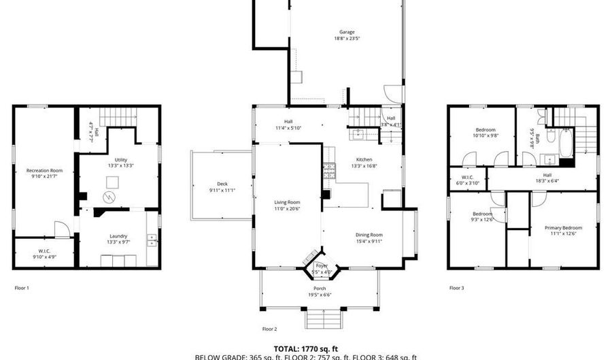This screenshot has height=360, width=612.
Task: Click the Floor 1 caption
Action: point(22,288)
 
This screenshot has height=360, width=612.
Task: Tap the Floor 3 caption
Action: point(456,288)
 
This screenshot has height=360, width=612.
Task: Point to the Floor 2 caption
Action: point(270,329)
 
